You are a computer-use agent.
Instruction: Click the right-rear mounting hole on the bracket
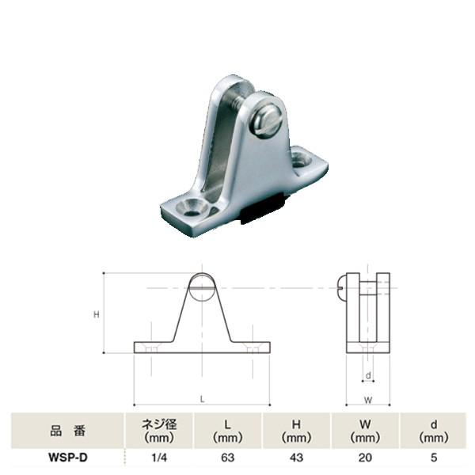(x=302, y=159)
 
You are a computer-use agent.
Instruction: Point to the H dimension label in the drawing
(x=95, y=314)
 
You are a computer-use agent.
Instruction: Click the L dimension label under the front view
(x=202, y=400)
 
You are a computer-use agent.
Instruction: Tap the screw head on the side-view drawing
(x=342, y=283)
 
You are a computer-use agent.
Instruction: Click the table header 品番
(x=66, y=431)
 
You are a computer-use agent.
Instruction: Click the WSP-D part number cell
(x=66, y=457)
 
